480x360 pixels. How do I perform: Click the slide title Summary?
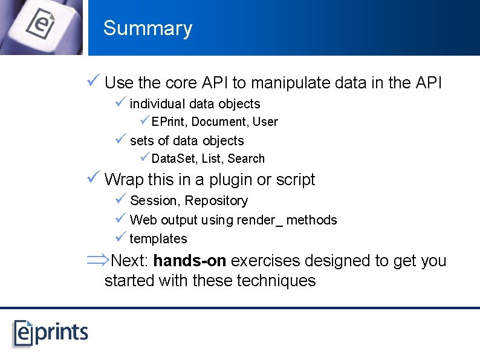(x=148, y=28)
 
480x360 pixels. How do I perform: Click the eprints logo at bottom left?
(x=51, y=332)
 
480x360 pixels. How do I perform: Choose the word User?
(x=265, y=122)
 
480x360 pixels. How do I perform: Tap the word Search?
(x=246, y=159)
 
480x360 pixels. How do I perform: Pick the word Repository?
(x=216, y=201)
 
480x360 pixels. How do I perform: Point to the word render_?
(x=259, y=220)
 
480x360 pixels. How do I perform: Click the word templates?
(x=158, y=238)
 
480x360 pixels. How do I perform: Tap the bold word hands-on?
(x=190, y=261)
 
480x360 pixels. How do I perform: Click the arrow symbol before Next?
(x=97, y=261)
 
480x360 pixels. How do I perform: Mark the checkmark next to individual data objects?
(x=120, y=103)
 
